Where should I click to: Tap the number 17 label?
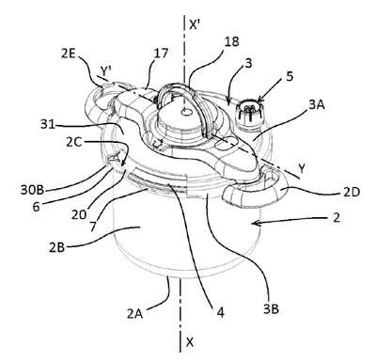(161, 54)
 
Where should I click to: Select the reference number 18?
(232, 41)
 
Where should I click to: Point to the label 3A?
(317, 105)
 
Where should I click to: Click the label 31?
(47, 125)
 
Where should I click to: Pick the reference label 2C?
(74, 142)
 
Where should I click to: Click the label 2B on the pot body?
(56, 247)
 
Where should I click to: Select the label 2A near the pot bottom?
(135, 314)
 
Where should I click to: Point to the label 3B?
(271, 309)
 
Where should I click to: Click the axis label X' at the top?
(195, 24)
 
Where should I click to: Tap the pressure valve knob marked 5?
(250, 112)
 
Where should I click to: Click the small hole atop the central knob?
(186, 112)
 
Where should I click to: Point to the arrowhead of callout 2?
(255, 223)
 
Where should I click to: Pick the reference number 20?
(77, 215)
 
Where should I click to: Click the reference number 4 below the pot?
(221, 313)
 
